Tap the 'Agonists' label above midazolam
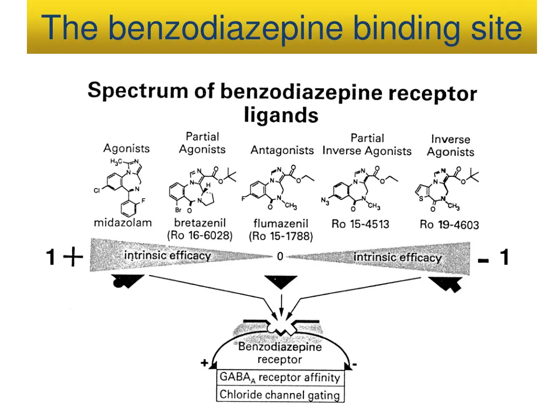[126, 148]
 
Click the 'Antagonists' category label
[282, 151]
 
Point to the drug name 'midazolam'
[123, 222]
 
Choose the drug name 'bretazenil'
[200, 222]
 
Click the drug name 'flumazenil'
[280, 223]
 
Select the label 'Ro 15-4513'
[360, 224]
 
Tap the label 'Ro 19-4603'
[449, 224]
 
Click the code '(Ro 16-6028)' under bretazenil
[200, 236]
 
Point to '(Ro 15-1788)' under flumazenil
[280, 236]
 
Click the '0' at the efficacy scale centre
[280, 257]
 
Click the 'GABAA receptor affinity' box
[279, 378]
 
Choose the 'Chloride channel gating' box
[279, 395]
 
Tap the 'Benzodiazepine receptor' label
[280, 353]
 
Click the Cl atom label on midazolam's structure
[97, 190]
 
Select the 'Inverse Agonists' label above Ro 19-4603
[450, 146]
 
